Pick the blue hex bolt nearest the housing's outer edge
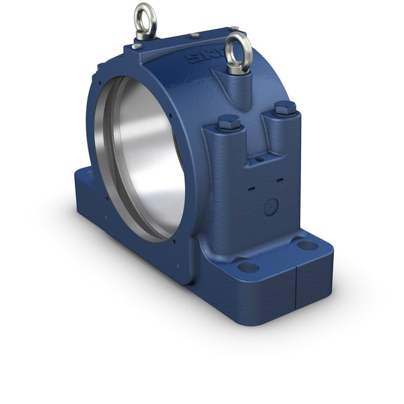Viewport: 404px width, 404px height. tap(285, 108)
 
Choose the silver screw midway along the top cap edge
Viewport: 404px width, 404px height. tap(194, 35)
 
